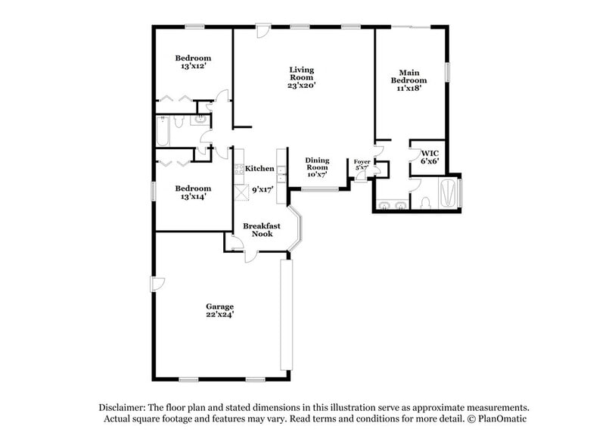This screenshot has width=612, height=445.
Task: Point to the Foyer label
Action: [x=362, y=162]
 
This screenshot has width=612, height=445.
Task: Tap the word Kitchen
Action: [x=259, y=169]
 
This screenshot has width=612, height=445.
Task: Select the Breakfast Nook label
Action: [x=262, y=230]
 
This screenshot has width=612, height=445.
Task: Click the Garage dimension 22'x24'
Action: [x=219, y=315]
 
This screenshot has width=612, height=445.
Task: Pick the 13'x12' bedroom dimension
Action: [x=193, y=67]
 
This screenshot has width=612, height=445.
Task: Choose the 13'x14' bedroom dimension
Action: [x=193, y=197]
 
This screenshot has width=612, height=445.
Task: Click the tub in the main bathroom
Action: [x=449, y=192]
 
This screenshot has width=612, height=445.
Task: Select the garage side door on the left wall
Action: [x=157, y=283]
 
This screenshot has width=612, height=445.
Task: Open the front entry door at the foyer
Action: [x=361, y=176]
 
